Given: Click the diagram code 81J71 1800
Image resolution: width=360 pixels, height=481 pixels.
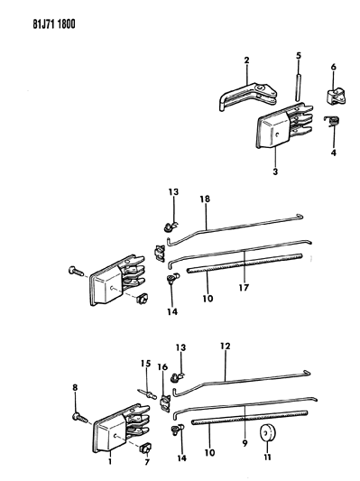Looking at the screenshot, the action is coord(54,24).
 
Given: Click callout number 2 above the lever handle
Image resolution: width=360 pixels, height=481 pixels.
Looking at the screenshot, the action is coord(247,60).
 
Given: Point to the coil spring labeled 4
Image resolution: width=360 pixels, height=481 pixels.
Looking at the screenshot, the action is coord(331,121).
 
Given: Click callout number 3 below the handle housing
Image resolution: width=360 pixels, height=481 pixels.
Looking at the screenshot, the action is coord(275,171).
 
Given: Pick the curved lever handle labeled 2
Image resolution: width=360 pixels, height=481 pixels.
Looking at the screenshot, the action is coord(248,96).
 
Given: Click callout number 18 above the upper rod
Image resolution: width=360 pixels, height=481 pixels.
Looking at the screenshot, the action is coord(205,199).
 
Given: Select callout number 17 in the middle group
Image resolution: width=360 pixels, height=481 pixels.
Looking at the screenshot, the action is coord(244,288).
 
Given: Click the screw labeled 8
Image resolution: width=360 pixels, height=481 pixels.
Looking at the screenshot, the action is coord(80,418).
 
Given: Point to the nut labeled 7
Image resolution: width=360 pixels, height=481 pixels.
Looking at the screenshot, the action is coord(144,449).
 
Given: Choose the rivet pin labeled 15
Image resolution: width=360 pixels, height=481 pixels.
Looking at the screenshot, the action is coord(147,393).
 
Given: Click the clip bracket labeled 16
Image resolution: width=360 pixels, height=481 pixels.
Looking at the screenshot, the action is coord(166,403).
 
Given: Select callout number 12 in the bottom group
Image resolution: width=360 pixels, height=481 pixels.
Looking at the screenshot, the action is coord(225,346).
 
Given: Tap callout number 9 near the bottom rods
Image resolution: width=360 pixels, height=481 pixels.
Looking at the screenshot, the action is coord(245,443).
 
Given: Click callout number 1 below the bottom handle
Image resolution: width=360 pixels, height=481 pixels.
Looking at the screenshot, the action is coord(110,461).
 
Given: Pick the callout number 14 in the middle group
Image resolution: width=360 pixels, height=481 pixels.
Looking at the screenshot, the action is coord(172,311).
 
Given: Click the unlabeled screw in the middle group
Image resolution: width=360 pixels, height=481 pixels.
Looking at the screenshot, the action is coord(76,271).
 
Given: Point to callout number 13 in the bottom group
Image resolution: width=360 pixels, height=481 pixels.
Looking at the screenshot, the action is coord(181,347).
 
